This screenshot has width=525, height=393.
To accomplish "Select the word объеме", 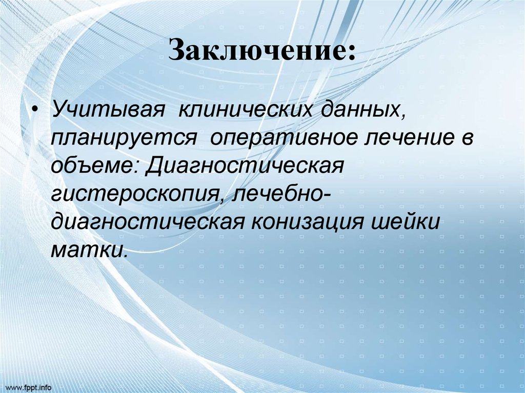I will point(92,167).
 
